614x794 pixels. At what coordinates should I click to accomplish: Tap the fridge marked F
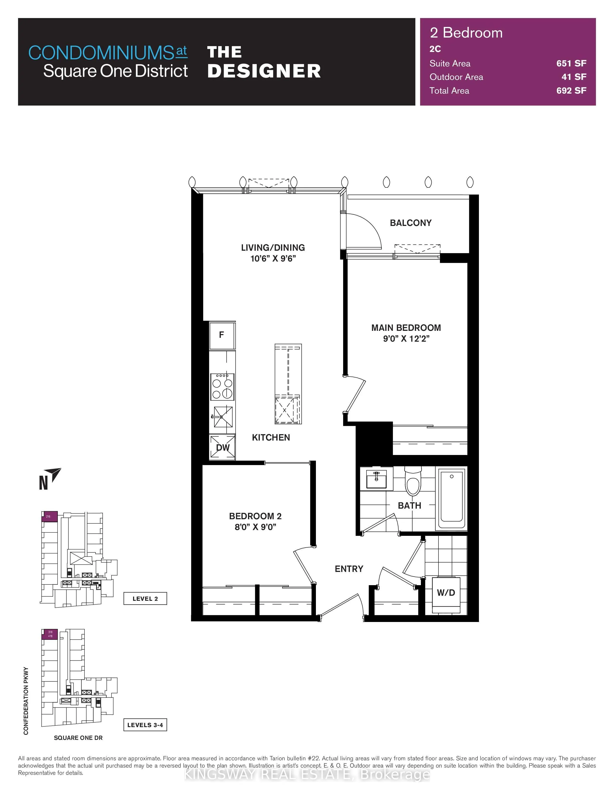222,335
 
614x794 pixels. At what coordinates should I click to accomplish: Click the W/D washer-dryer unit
446,593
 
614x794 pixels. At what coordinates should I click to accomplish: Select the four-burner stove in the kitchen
222,387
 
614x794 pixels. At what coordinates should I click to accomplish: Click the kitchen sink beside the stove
223,417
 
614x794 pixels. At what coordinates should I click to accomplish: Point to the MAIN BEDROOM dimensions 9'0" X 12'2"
406,339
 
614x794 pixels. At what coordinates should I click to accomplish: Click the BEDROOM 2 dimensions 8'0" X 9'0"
255,527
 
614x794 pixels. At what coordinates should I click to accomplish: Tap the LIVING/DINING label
273,248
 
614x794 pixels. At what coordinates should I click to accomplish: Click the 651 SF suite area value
571,64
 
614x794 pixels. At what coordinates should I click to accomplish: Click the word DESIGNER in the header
264,71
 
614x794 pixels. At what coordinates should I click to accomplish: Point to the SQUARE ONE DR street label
78,738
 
